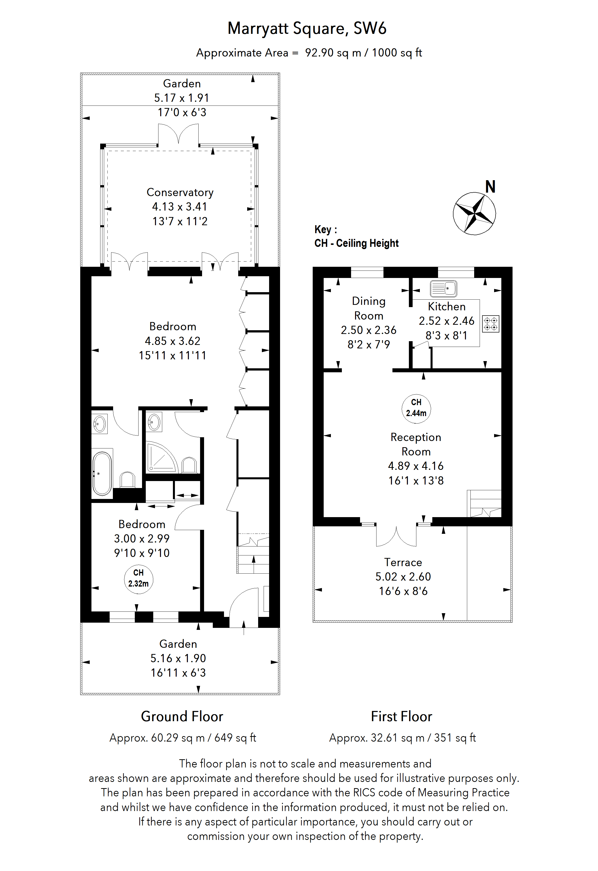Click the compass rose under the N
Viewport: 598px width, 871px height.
coord(474,214)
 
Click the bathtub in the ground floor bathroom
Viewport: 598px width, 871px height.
coord(102,474)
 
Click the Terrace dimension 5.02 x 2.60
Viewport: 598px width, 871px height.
coord(403,577)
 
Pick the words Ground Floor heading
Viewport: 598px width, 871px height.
coord(182,716)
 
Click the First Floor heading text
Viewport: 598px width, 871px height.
coord(401,716)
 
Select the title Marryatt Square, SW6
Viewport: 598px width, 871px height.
coord(307,28)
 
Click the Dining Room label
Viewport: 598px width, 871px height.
coord(369,308)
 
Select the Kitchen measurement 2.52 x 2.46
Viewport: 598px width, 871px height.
coord(447,321)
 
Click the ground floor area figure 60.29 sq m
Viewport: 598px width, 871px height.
coord(177,738)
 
